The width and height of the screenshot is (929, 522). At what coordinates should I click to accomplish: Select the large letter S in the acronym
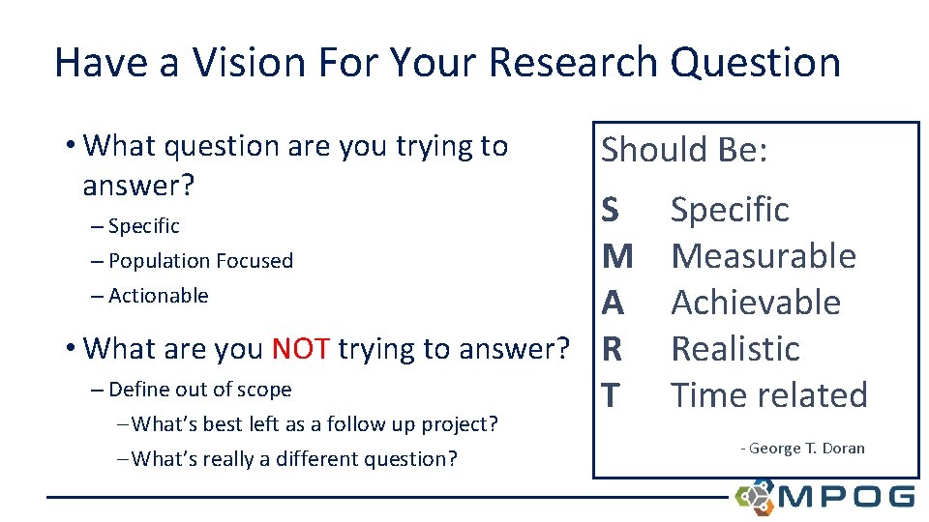(x=612, y=210)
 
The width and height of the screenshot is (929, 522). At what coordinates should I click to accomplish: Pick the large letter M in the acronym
(x=617, y=256)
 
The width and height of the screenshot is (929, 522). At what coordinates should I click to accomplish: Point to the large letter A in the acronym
(x=613, y=303)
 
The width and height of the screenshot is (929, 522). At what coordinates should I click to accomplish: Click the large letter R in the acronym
(x=612, y=349)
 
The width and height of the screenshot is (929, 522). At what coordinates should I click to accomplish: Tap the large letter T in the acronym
(x=611, y=395)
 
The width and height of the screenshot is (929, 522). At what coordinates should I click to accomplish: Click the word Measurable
(x=764, y=256)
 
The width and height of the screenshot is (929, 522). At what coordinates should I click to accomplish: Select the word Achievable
(x=756, y=303)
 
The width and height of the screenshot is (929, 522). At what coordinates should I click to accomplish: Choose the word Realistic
(x=735, y=349)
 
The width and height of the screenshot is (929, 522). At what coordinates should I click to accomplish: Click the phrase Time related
(x=769, y=395)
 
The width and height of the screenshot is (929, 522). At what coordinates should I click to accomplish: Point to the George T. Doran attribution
(x=802, y=449)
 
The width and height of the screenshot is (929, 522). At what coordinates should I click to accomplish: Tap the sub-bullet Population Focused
(x=200, y=261)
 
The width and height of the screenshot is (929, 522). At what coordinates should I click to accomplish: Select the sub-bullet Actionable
(x=158, y=296)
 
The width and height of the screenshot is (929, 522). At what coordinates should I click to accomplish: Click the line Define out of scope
(x=199, y=390)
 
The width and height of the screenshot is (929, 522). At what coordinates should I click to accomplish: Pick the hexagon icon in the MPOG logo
(x=755, y=496)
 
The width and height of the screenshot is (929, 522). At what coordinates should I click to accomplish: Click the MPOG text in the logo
(x=845, y=497)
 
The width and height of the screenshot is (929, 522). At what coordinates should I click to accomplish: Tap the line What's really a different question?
(x=293, y=458)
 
